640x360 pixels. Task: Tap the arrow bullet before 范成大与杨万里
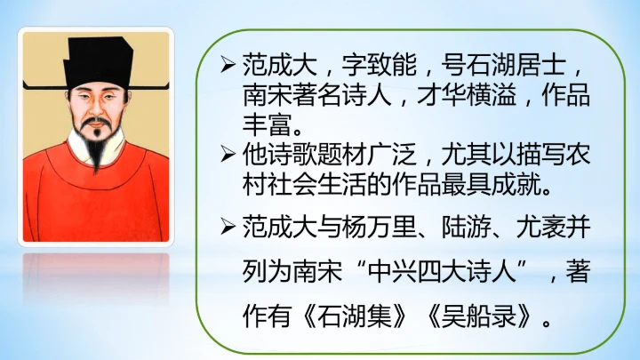click(228, 228)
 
